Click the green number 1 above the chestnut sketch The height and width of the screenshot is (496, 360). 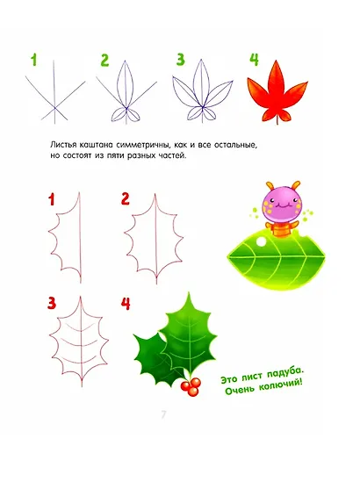pyautogui.click(x=33, y=61)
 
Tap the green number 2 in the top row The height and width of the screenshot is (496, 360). pyautogui.click(x=104, y=61)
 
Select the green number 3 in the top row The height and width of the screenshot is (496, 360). pyautogui.click(x=181, y=61)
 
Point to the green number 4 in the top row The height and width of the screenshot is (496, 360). pyautogui.click(x=254, y=61)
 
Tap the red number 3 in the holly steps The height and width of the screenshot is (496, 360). pyautogui.click(x=52, y=304)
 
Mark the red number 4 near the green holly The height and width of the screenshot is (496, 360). pyautogui.click(x=126, y=304)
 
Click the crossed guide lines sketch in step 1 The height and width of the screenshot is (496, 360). pyautogui.click(x=54, y=95)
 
